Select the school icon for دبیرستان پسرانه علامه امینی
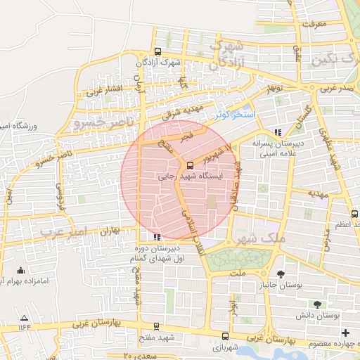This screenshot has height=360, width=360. coord(278,131)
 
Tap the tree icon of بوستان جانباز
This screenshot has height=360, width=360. coord(281,274)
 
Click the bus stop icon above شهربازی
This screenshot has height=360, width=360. coord(224,336)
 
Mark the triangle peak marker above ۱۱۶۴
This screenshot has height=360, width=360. coord(25,317)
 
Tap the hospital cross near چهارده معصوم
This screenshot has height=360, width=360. coord(345,332)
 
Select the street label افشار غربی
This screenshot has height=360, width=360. coord(103,89)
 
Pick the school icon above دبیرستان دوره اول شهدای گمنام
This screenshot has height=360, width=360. coord(156,237)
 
